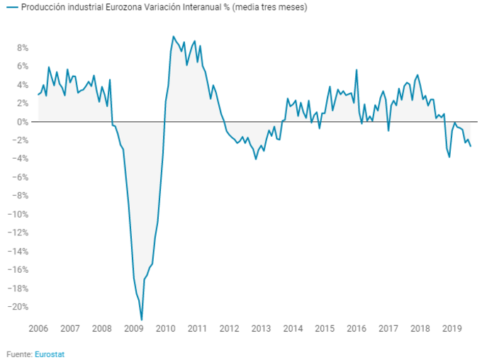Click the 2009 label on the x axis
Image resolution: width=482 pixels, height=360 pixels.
[134, 329]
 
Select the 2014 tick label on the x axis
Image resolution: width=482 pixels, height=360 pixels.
[293, 329]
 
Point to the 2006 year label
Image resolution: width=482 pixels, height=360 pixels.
[38, 329]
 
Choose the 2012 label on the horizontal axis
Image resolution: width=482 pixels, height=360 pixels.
[229, 329]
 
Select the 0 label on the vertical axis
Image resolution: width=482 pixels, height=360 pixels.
[25, 122]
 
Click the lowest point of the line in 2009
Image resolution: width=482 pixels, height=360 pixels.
[142, 320]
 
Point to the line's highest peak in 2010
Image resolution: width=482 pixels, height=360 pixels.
[174, 36]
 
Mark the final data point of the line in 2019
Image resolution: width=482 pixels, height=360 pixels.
[471, 146]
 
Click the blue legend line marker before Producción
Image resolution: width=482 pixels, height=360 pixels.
[12, 7]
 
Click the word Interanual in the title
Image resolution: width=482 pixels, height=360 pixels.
[202, 7]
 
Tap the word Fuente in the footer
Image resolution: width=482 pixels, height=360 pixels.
[19, 353]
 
